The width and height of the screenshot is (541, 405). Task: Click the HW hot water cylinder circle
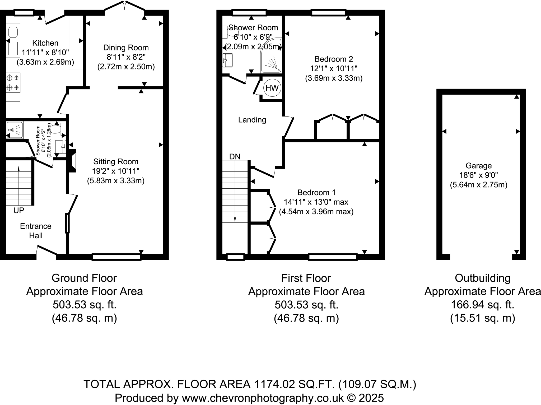272,88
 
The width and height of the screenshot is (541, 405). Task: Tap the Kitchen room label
45,43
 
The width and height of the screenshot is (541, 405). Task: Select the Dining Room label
126,48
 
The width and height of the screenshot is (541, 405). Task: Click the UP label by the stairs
19,211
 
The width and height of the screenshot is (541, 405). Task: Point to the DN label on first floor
235,157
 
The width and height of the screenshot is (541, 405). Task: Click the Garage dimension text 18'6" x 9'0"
478,175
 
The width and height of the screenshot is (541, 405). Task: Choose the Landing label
252,120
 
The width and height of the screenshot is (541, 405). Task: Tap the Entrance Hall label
36,231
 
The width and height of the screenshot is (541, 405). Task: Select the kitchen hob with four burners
13,82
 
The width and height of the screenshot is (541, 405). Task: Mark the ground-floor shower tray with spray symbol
15,130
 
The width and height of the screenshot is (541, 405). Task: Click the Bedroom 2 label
334,59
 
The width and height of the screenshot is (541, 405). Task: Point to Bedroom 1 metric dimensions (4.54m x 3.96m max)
316,212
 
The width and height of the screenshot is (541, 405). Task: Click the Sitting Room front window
116,257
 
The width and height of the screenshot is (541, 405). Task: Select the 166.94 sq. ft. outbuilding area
482,305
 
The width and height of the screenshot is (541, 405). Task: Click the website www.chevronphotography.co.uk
263,398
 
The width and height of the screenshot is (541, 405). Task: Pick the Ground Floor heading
84,278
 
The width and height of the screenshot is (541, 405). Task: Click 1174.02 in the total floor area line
274,384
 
